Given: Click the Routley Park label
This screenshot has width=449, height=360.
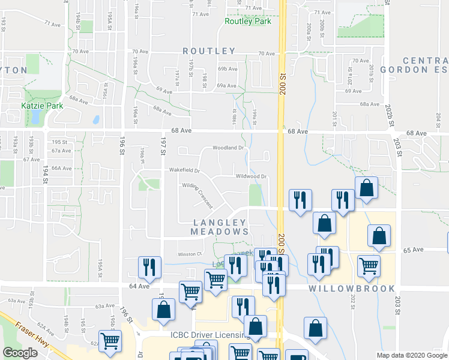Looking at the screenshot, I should (247, 22).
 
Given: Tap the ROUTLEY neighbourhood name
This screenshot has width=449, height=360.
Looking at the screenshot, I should (209, 51).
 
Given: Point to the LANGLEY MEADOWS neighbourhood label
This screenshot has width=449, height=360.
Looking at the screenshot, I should (220, 226).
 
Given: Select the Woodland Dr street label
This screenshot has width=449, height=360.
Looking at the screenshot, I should (228, 148).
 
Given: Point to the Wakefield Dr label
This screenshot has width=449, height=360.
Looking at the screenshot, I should (182, 170).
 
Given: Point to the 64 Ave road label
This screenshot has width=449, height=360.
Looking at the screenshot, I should (140, 286).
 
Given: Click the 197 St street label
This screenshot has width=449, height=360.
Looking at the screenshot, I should (162, 145).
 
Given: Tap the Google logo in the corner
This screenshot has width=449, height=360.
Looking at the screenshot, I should (20, 353).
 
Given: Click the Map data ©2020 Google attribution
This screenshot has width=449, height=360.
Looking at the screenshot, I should (411, 355).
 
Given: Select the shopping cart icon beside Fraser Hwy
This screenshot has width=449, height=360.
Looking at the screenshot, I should (110, 341).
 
